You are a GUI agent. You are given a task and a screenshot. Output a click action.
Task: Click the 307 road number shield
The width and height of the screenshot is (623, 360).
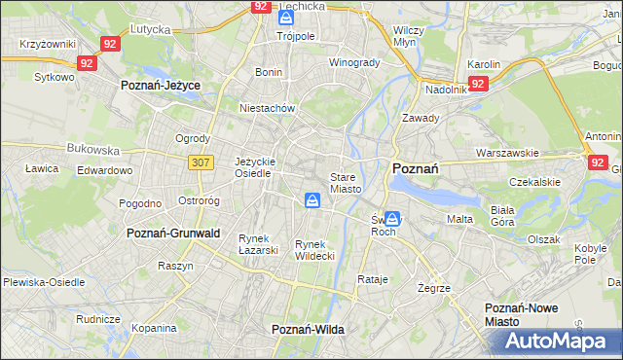[x=201, y=162]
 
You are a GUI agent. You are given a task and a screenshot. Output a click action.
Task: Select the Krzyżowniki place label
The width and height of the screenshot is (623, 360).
[x=47, y=45]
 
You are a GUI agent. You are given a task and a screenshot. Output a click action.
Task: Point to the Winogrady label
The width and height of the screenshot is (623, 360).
[x=353, y=62]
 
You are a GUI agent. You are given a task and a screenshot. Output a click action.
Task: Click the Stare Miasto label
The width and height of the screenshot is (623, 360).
[x=346, y=183]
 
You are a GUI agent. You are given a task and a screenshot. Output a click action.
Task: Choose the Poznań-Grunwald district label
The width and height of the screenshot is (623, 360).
[x=173, y=234]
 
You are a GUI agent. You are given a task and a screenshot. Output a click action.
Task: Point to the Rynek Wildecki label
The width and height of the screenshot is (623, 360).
[x=314, y=250]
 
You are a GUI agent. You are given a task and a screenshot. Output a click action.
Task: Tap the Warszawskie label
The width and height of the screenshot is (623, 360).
[x=507, y=153]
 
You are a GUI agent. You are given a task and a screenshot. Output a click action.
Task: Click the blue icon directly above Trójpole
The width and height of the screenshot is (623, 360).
[x=285, y=18]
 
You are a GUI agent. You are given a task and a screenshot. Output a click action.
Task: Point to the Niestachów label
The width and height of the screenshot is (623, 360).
[x=267, y=108]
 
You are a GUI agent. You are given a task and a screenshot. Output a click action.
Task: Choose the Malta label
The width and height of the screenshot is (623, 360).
[x=459, y=219]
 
